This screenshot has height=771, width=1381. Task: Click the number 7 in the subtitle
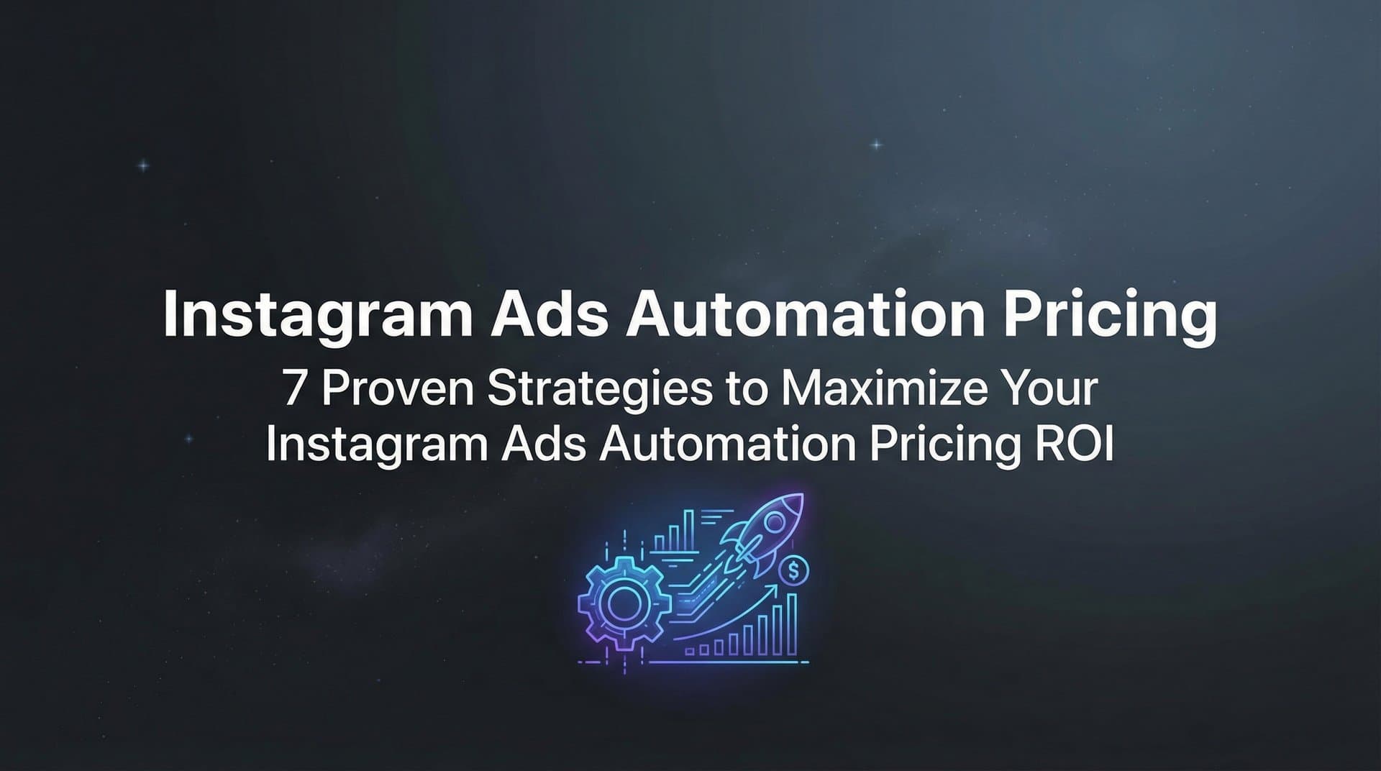[x=294, y=389]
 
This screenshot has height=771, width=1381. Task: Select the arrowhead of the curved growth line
[x=774, y=588]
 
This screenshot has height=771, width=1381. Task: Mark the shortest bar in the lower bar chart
[x=690, y=652]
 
